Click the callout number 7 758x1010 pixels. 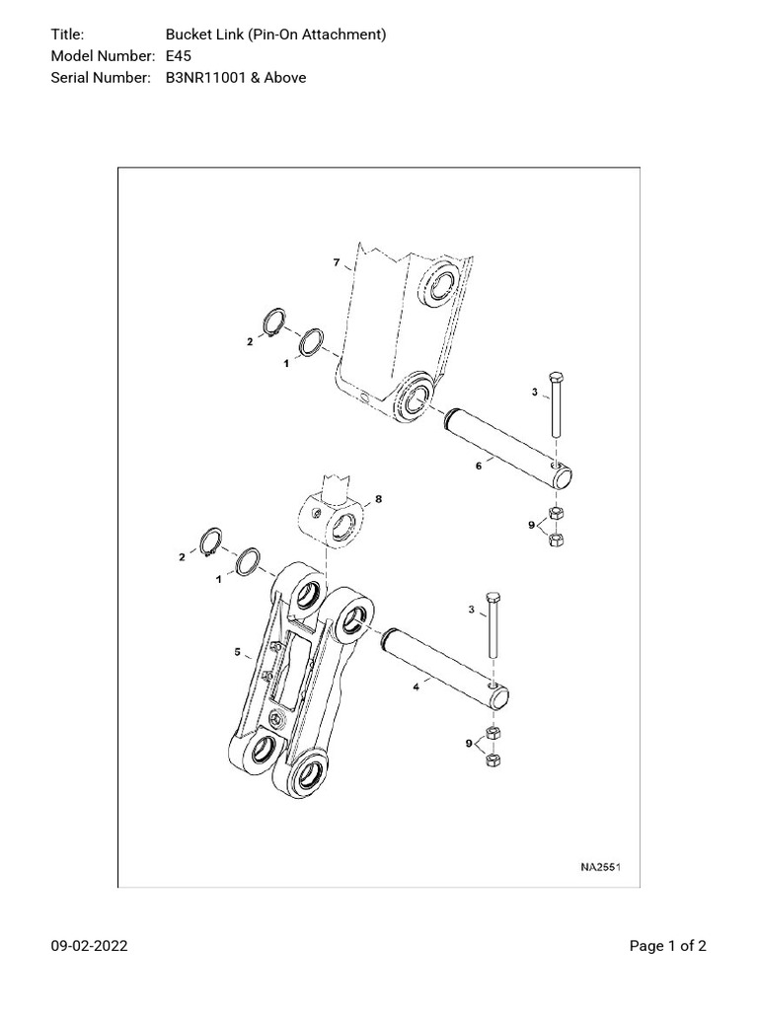(337, 262)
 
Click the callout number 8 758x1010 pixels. (378, 498)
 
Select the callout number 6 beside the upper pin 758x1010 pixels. (479, 466)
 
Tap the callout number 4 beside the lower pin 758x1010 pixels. (417, 687)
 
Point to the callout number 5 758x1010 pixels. (237, 653)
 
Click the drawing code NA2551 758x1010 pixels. (600, 867)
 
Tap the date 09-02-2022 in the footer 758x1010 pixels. (89, 946)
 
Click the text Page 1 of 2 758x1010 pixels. (668, 946)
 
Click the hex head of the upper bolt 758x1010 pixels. (556, 378)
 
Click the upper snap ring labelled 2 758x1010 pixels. (275, 323)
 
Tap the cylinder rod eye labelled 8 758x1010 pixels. (331, 520)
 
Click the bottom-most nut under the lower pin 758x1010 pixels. (494, 759)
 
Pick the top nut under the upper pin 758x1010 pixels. (556, 513)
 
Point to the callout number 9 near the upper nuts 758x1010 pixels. (532, 525)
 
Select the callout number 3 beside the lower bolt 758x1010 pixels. (472, 610)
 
